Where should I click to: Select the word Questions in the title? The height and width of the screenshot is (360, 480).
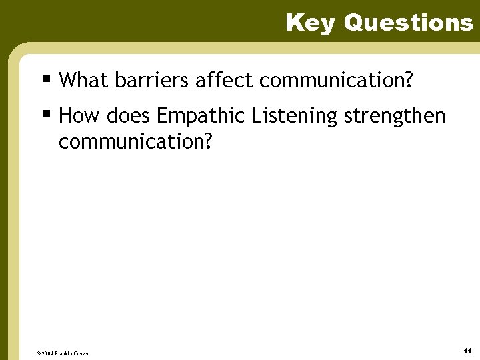point(408,23)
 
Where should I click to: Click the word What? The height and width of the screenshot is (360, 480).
point(84,81)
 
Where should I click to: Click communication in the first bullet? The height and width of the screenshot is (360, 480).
point(331,81)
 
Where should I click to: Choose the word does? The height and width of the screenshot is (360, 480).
point(129,116)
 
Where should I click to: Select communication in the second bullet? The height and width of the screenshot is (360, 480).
point(130,142)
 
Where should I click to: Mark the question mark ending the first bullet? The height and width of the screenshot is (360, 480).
point(408,81)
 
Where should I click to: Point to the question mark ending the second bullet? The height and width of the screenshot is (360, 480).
point(207,141)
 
